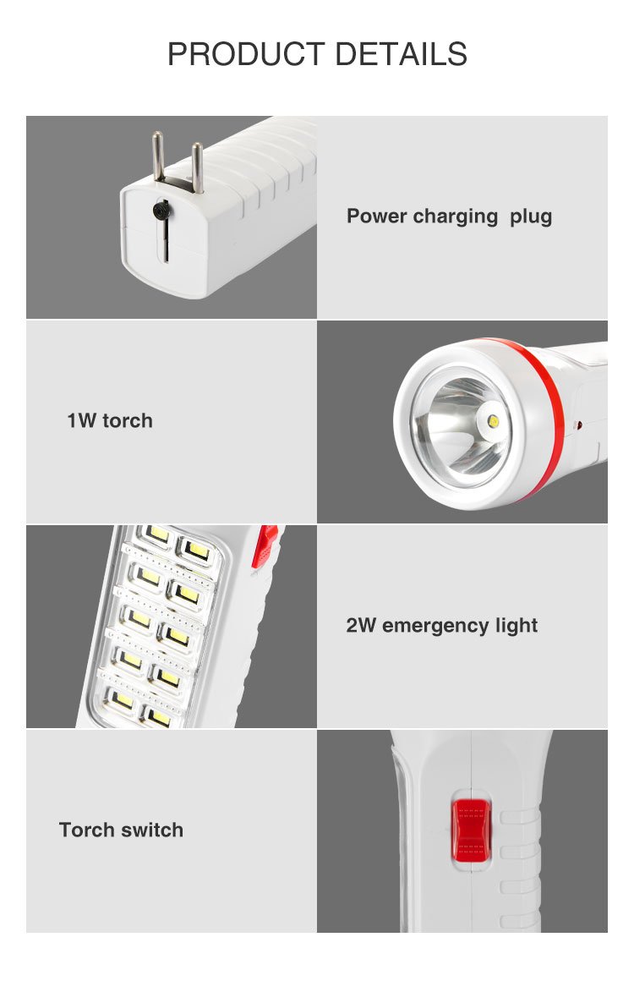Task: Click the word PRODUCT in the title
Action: [x=245, y=54]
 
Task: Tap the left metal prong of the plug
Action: [x=157, y=156]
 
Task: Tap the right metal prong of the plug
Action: [x=196, y=166]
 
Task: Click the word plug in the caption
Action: [x=531, y=216]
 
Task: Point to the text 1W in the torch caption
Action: [x=82, y=421]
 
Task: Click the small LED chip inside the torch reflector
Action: [x=491, y=418]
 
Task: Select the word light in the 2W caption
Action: [x=516, y=626]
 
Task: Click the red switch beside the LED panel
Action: [x=265, y=545]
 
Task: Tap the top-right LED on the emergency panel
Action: [x=197, y=550]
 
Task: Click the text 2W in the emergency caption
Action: [x=361, y=626]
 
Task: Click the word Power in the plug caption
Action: [x=377, y=216]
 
